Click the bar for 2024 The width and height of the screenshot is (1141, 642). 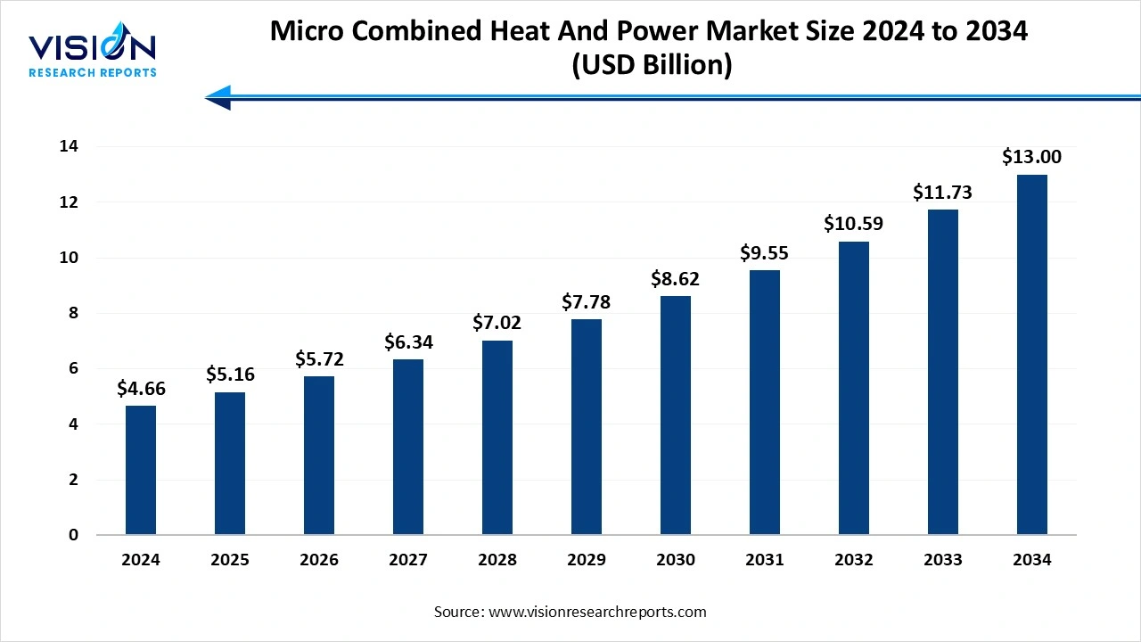(x=141, y=471)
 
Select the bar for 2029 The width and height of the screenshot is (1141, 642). (x=587, y=427)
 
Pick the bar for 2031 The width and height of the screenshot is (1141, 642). (x=765, y=402)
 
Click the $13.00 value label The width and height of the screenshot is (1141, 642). (x=1032, y=157)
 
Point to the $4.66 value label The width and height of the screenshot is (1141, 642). (x=141, y=388)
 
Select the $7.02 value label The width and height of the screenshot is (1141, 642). (x=497, y=322)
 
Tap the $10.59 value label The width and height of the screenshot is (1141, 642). (x=854, y=223)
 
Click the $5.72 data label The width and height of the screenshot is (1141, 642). (x=319, y=359)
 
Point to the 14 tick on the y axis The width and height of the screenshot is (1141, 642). (x=70, y=146)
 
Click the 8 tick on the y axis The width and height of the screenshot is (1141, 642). (x=74, y=313)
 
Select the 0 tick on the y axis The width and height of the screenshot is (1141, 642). (x=74, y=535)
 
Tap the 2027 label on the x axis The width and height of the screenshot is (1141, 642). (x=408, y=560)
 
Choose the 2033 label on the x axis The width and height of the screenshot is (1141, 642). (x=943, y=560)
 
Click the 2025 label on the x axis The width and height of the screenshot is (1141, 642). (x=230, y=560)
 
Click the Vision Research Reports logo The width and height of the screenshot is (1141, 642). (x=93, y=53)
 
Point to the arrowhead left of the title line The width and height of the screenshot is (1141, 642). (x=218, y=97)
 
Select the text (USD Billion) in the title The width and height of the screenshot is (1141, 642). (x=649, y=66)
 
